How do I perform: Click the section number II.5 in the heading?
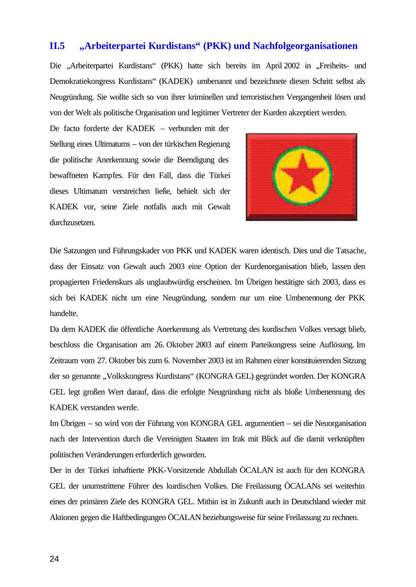[57, 46]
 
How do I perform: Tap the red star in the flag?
[302, 176]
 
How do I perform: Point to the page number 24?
[54, 559]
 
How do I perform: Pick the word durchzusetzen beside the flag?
[73, 223]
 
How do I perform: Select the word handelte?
[64, 314]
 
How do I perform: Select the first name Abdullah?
[222, 471]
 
